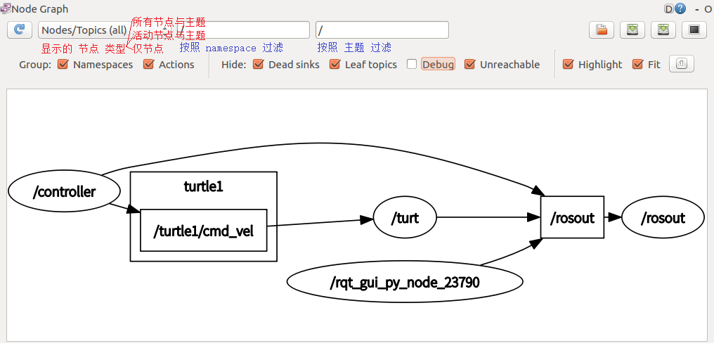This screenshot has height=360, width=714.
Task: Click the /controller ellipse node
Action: (64, 191)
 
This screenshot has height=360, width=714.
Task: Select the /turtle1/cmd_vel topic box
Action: (204, 230)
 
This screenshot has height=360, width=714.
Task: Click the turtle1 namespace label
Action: (203, 186)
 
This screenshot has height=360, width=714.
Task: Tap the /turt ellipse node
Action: (405, 218)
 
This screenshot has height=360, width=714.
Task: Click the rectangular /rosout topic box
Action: (572, 218)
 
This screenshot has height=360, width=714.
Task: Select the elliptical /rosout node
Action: (663, 218)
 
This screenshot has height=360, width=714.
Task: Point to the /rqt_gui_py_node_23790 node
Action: (405, 283)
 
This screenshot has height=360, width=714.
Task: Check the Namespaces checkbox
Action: (63, 65)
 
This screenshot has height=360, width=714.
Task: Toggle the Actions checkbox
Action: (148, 65)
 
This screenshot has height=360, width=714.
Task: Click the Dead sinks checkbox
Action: (258, 65)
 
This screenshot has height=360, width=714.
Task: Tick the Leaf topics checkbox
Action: (335, 65)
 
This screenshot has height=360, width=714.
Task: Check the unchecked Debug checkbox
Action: (412, 65)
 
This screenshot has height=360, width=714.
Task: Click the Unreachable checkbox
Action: (470, 65)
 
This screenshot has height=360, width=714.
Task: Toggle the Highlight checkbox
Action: (569, 65)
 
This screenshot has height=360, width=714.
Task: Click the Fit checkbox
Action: (638, 65)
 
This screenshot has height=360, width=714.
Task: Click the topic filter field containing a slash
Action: (382, 30)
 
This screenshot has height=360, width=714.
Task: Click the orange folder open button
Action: (602, 30)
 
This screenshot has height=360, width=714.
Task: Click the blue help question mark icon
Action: (680, 9)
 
